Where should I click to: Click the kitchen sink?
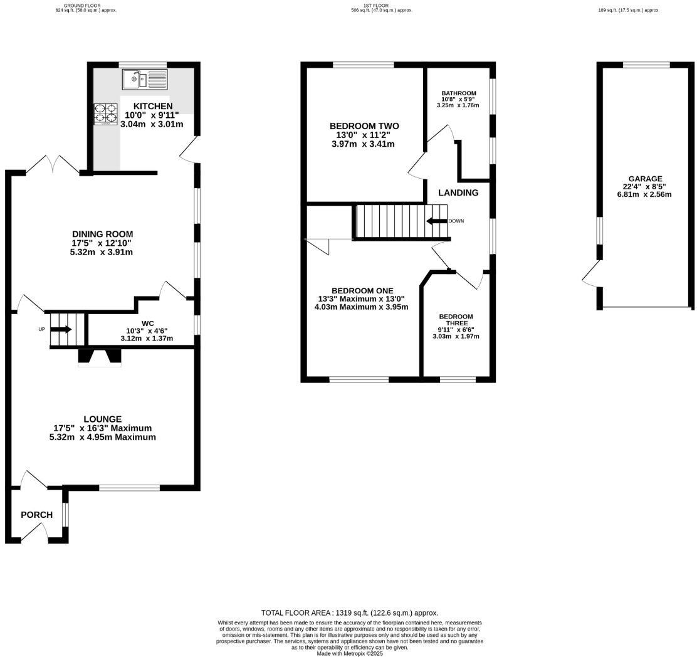[144, 80]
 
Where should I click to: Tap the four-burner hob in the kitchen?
[106, 113]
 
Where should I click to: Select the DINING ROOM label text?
[103, 234]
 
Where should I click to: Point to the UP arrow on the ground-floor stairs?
[61, 329]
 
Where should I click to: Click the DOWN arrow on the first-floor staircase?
[436, 221]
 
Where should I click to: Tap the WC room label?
[147, 323]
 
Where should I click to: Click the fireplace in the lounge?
[100, 358]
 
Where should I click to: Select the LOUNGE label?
[103, 419]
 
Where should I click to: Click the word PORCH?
[37, 515]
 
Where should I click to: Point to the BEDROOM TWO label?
[364, 126]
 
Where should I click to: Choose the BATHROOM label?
[459, 93]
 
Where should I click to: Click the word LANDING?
[458, 192]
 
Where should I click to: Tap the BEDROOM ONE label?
[362, 291]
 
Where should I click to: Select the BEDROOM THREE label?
[456, 320]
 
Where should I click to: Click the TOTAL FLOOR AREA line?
[349, 612]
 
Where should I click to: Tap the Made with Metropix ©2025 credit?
[349, 654]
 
